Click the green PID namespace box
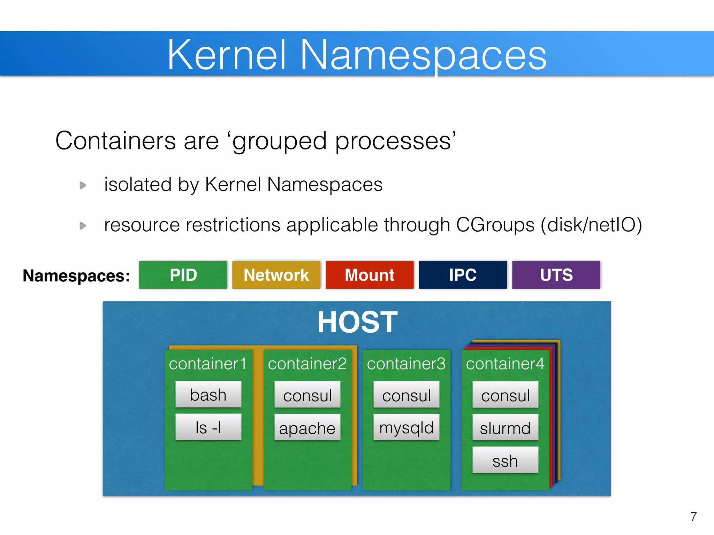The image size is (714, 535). (x=183, y=275)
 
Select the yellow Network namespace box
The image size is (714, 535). (x=276, y=275)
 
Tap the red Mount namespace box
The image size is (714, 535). (x=370, y=275)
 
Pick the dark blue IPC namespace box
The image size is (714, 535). (x=463, y=275)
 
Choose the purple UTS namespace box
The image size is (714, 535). (x=556, y=275)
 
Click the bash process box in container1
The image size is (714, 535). (x=208, y=394)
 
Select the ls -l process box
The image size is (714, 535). (x=208, y=427)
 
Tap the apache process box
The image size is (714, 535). (x=307, y=427)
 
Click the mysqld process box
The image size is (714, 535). (x=406, y=427)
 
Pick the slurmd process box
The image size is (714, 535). (x=505, y=427)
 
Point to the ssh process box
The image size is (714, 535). (x=505, y=460)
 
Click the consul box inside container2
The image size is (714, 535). (x=307, y=395)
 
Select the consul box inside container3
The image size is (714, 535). (x=406, y=395)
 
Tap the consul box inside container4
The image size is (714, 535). (x=505, y=395)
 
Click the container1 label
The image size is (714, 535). (x=208, y=364)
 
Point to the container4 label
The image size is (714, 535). (x=505, y=364)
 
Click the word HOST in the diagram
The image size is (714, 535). (x=357, y=322)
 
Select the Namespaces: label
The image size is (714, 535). (x=76, y=276)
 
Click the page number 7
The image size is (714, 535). (x=693, y=517)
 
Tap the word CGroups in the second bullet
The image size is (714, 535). (x=495, y=225)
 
